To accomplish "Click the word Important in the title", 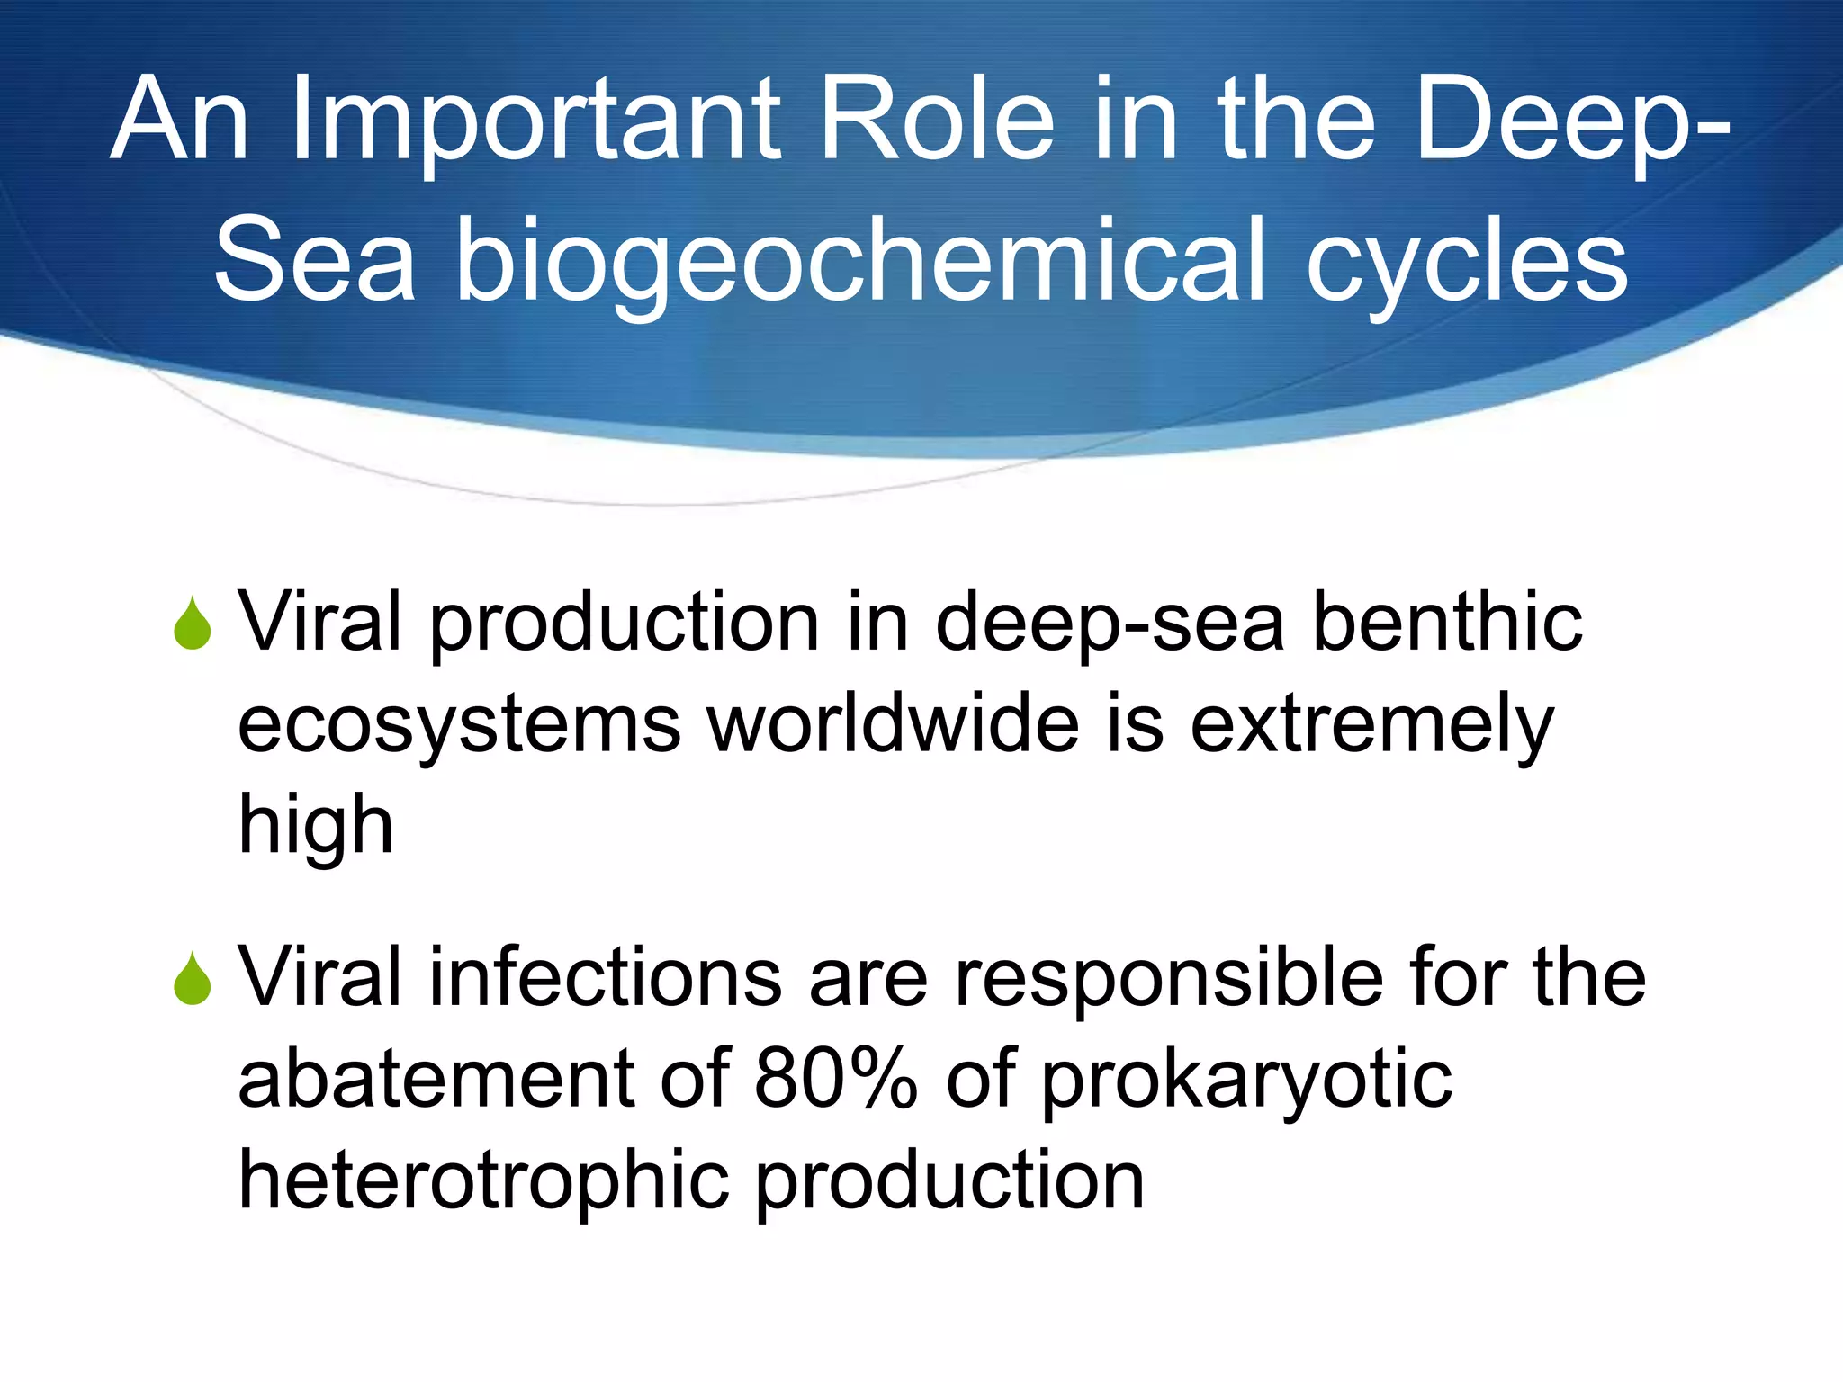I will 535,121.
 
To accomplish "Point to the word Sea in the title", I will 315,263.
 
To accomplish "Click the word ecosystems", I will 459,727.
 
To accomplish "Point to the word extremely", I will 1372,727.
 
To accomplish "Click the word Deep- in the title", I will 1570,121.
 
